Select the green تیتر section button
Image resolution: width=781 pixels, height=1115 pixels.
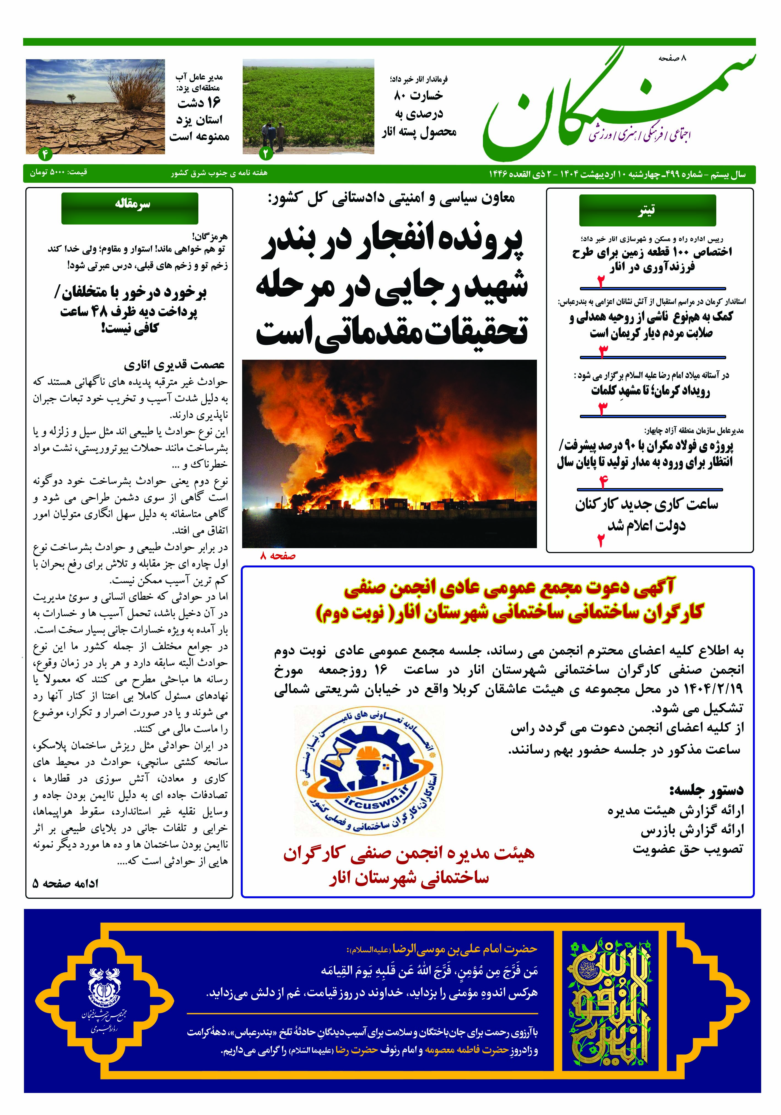tap(647, 210)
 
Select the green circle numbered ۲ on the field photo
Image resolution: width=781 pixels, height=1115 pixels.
tap(266, 153)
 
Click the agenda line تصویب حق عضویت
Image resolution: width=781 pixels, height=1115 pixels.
tap(688, 849)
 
